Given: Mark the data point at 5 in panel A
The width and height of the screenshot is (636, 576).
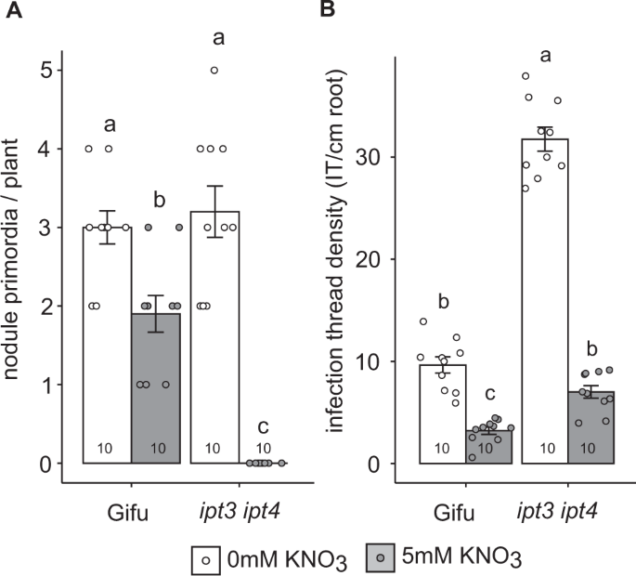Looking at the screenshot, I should [214, 71].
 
